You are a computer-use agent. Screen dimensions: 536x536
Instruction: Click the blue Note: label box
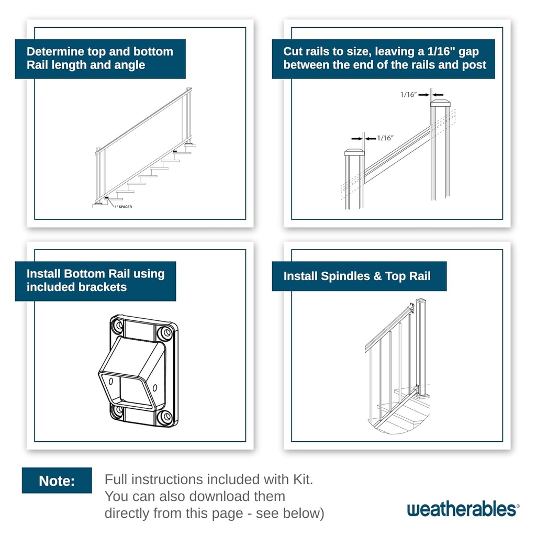[x=57, y=481]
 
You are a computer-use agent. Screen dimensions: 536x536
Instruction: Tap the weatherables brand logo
[x=463, y=509]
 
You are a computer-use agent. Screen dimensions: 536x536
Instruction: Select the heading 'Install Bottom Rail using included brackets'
[x=95, y=281]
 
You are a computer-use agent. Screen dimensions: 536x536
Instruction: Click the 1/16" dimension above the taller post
[x=408, y=95]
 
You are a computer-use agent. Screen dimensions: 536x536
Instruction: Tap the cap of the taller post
[x=440, y=103]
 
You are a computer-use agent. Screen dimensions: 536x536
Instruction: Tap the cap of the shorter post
[x=354, y=152]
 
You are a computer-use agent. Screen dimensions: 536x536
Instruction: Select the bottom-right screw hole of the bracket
[x=166, y=417]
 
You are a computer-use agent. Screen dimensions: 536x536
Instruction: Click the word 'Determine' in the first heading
[x=55, y=52]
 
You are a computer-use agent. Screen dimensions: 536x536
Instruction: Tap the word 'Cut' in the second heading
[x=293, y=52]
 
